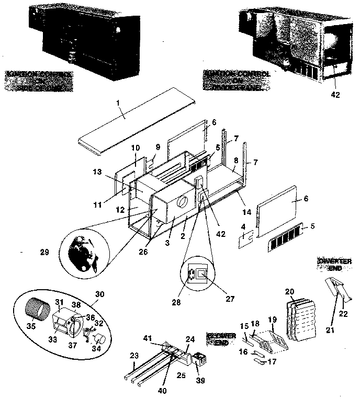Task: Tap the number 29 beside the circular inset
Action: click(44, 252)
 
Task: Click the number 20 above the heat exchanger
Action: click(290, 292)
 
